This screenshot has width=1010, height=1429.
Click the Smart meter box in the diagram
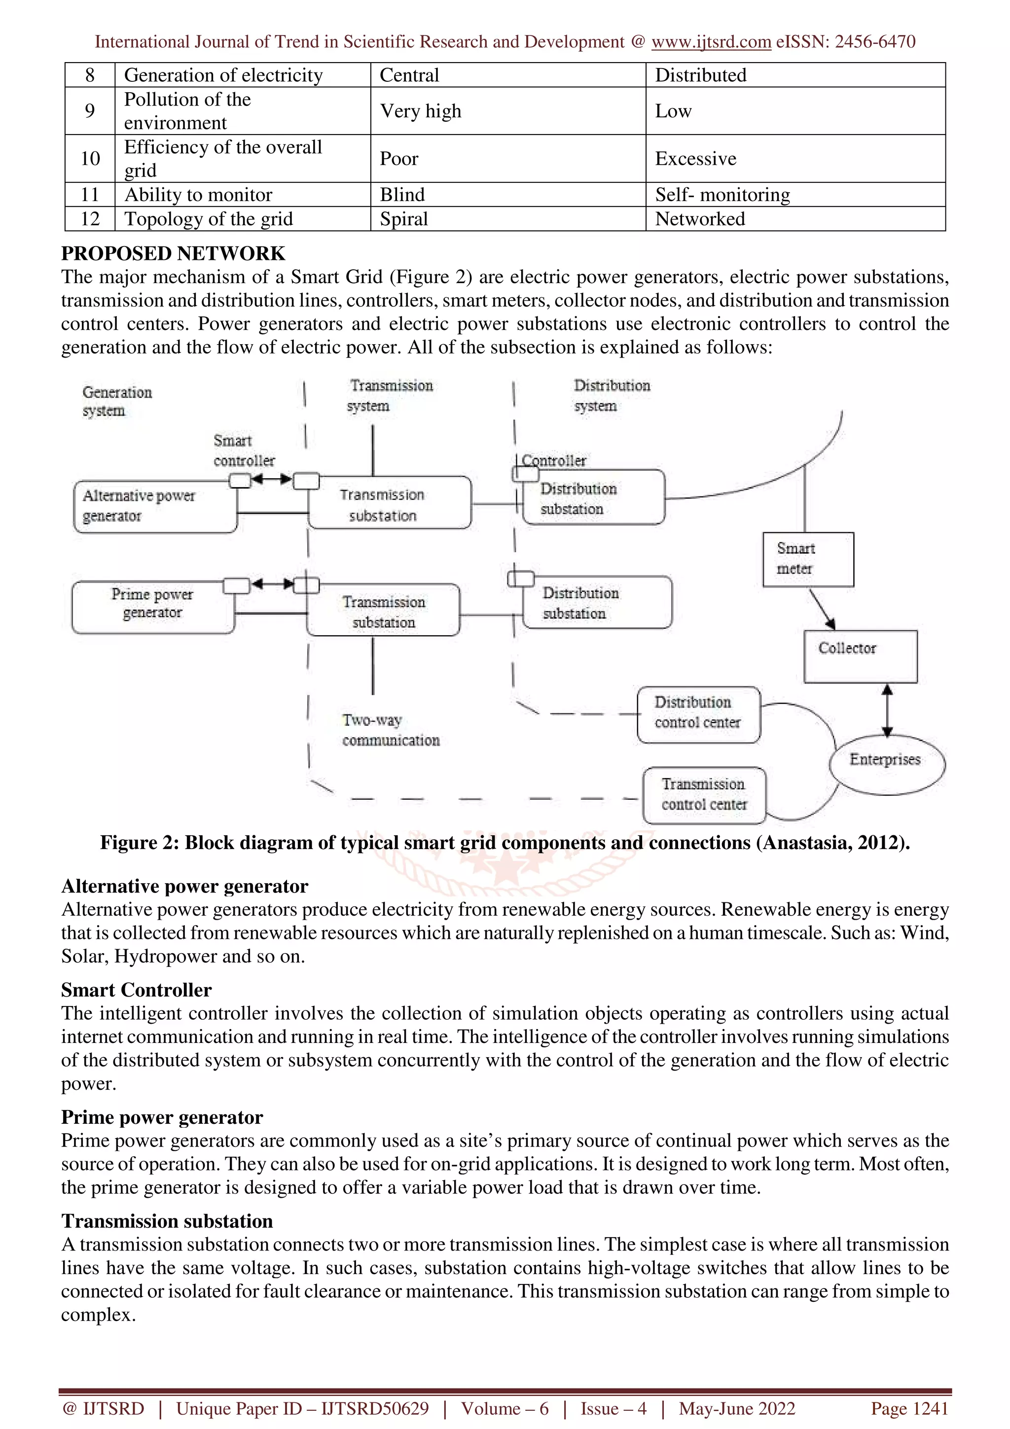click(808, 559)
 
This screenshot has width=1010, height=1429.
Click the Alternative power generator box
click(155, 506)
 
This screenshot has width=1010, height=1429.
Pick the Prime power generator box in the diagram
click(153, 607)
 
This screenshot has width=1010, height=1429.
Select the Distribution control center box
click(698, 714)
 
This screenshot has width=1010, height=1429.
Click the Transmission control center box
click(704, 795)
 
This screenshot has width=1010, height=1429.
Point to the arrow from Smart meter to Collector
click(822, 608)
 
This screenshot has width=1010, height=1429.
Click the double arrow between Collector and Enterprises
click(887, 710)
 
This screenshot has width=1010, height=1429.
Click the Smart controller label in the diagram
click(243, 451)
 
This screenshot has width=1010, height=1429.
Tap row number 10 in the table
click(90, 159)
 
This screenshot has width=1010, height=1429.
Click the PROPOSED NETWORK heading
click(173, 253)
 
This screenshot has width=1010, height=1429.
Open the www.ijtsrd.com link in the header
click(711, 42)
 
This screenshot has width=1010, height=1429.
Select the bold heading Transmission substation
click(167, 1220)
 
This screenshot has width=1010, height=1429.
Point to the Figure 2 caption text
click(505, 842)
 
